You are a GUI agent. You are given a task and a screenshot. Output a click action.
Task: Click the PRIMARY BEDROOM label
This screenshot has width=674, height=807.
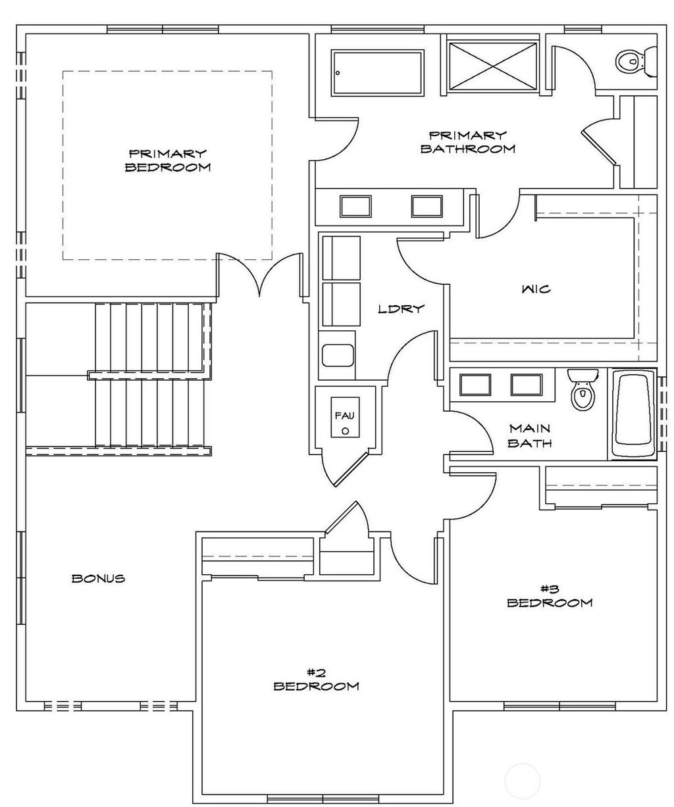tap(167, 160)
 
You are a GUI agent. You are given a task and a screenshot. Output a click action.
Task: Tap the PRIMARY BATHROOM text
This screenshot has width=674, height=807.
tap(467, 142)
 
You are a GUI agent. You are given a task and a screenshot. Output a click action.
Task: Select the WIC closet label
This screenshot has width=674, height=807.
tap(536, 289)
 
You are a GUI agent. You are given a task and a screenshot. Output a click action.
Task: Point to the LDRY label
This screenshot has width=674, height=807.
tap(400, 308)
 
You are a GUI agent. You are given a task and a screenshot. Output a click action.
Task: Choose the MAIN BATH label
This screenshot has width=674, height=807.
tap(530, 435)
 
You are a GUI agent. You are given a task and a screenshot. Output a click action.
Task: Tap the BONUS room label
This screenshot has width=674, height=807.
tap(98, 579)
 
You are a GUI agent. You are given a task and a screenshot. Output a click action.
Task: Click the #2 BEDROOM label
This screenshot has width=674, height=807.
tap(316, 679)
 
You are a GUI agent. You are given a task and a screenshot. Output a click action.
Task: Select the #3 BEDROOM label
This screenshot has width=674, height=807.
tap(549, 595)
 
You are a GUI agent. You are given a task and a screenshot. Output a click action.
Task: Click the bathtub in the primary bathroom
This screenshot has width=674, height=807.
tap(377, 73)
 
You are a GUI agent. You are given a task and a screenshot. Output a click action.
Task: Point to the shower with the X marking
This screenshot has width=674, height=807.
tap(494, 66)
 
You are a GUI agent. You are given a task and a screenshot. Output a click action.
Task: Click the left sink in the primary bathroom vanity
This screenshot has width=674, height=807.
tap(355, 206)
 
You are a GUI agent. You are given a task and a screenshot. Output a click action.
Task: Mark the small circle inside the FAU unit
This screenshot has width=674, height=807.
tap(344, 431)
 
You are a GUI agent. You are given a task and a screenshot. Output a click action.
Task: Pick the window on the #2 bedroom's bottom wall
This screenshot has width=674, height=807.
tap(316, 798)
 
